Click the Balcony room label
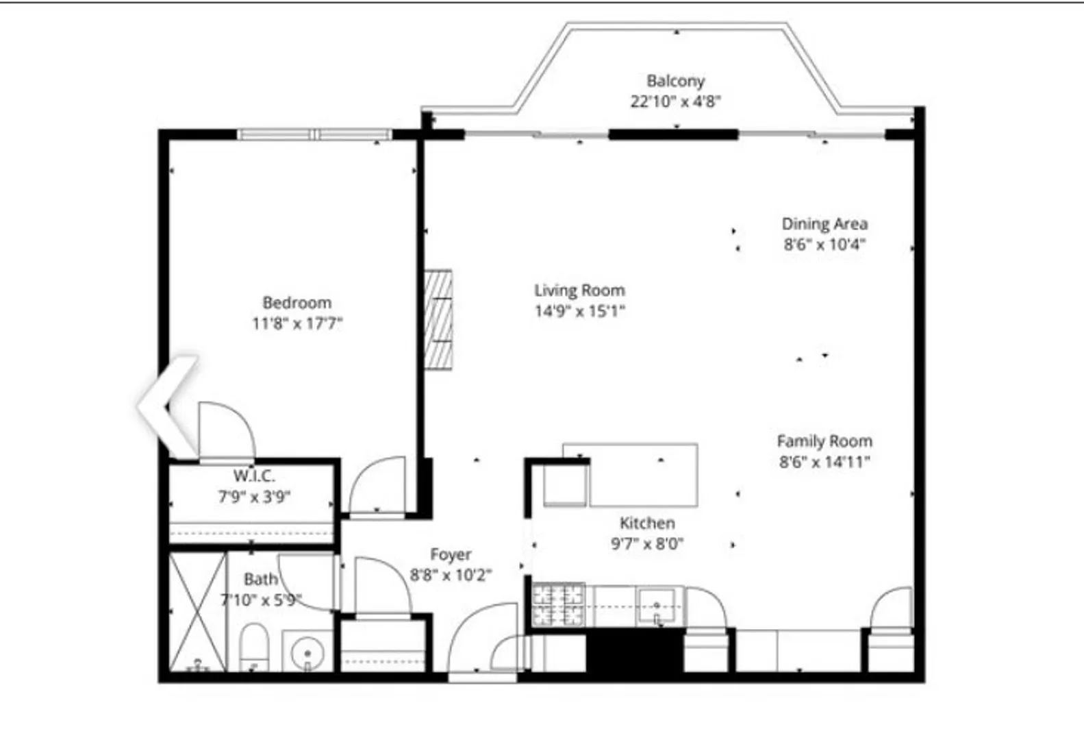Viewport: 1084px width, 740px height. click(x=676, y=81)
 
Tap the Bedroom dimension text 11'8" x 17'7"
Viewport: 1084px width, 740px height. click(x=297, y=323)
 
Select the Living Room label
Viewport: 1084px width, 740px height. click(x=580, y=290)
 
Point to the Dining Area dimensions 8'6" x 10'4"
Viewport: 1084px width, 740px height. click(x=824, y=244)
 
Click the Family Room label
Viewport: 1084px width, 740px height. click(x=824, y=441)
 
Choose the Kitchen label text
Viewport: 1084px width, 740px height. click(x=647, y=523)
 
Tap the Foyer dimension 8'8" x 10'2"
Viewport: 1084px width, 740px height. click(x=451, y=575)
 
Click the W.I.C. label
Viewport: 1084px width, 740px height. click(x=254, y=476)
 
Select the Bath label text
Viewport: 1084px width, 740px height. click(x=261, y=579)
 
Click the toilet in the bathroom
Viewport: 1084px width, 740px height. click(x=255, y=647)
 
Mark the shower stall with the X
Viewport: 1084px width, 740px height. click(x=198, y=612)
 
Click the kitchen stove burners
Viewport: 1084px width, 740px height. click(x=559, y=606)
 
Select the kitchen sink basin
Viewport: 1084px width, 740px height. click(x=656, y=606)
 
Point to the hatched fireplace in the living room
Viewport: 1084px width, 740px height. click(x=438, y=319)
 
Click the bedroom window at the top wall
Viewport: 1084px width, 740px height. click(x=314, y=134)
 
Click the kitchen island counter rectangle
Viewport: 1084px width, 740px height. click(x=644, y=475)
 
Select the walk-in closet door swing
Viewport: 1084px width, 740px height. click(x=227, y=430)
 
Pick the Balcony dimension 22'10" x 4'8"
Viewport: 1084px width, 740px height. click(x=676, y=101)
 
